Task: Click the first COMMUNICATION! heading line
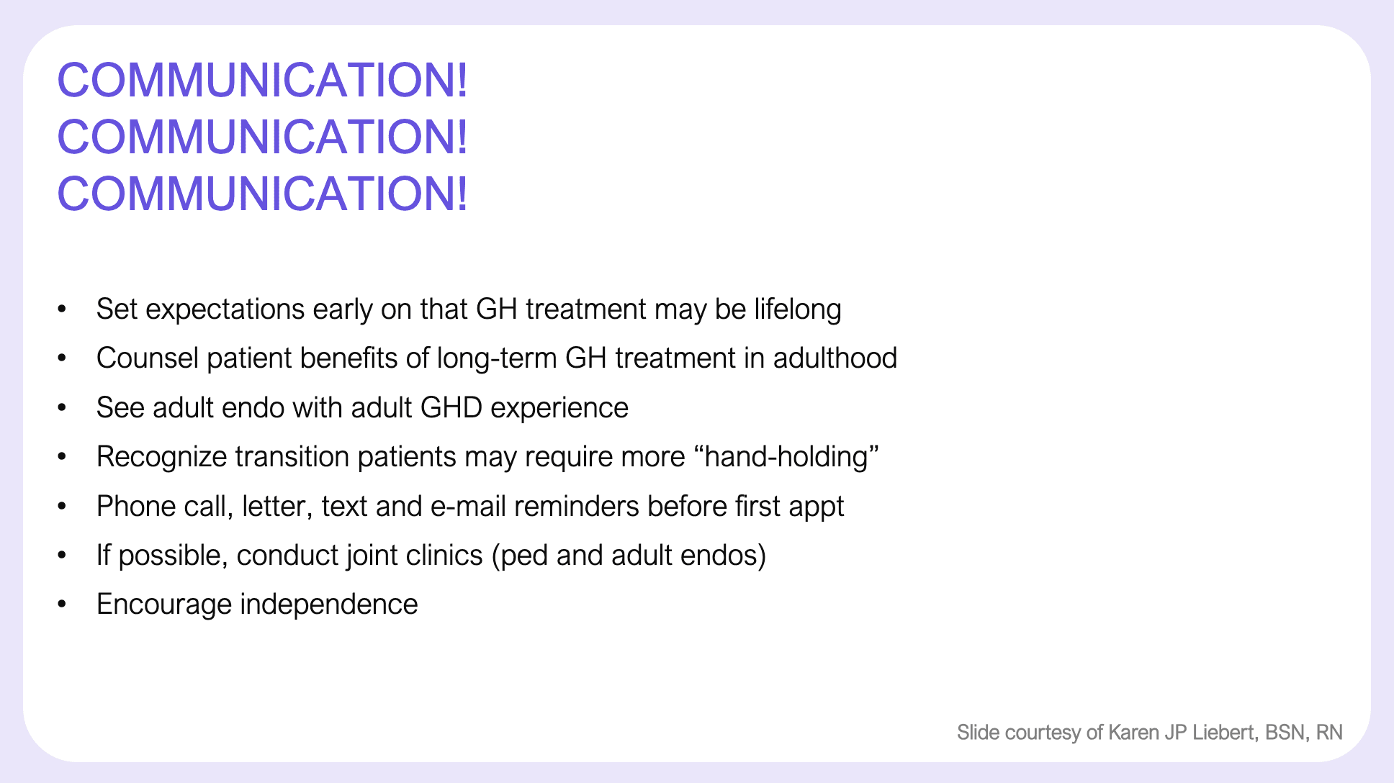pos(263,79)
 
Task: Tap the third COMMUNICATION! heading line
pos(263,194)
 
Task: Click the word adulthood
pos(835,358)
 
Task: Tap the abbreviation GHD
pos(451,408)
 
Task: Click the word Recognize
pos(161,458)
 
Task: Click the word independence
pos(328,605)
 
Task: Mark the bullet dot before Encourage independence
pos(62,605)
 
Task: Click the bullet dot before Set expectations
pos(62,309)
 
